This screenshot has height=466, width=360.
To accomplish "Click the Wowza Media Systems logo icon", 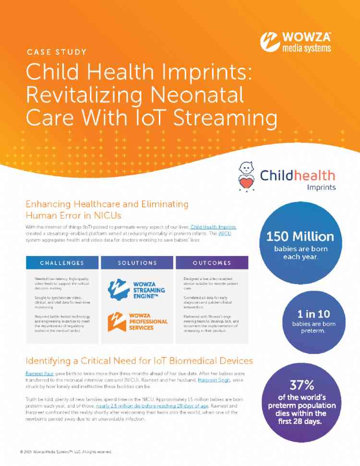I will (270, 42).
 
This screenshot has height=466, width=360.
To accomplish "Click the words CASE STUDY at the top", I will (57, 52).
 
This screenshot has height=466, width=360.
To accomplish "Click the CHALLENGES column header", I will (62, 263).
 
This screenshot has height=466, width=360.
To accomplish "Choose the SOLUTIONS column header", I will (137, 263).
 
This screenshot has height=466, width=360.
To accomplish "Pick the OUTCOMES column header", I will (212, 263).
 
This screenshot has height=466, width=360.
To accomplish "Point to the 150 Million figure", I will (300, 236).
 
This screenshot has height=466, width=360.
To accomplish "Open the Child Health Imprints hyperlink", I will (214, 226).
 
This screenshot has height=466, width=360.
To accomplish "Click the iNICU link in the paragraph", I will (224, 233).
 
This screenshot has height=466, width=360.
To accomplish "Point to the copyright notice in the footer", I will (66, 452).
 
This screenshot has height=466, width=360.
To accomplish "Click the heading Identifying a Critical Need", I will (139, 360).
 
